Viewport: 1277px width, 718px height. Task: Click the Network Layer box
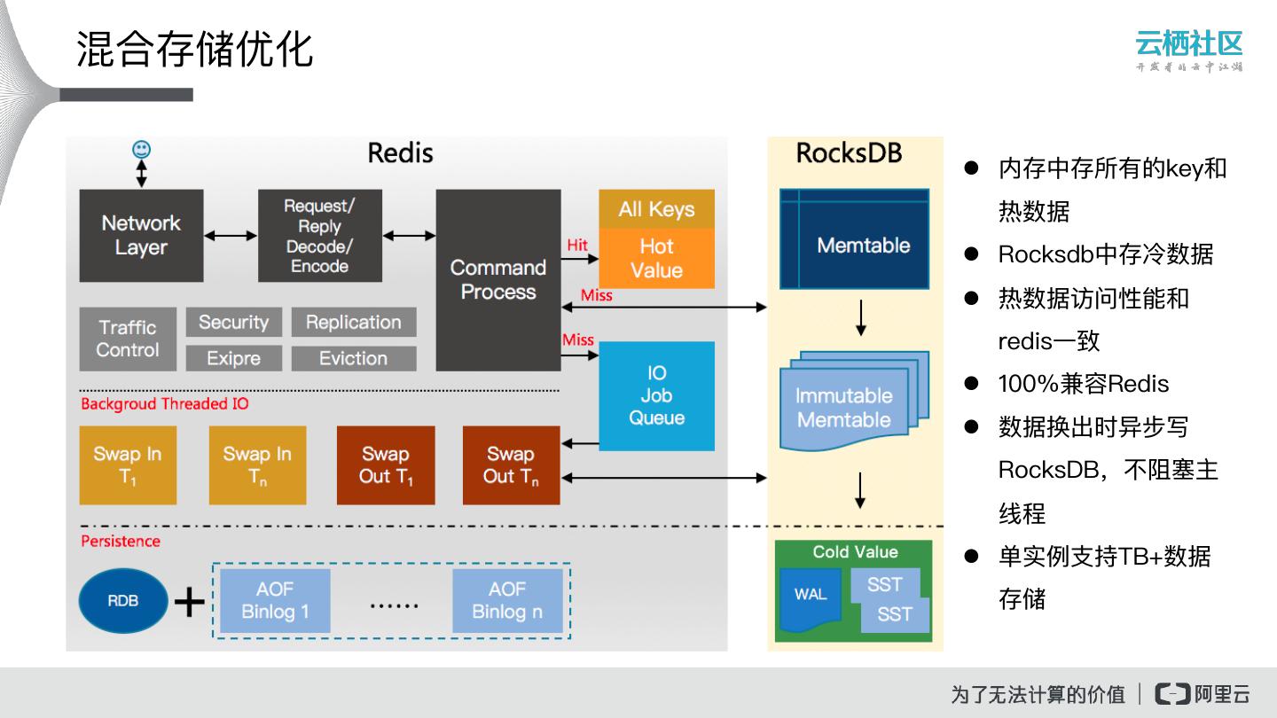(141, 235)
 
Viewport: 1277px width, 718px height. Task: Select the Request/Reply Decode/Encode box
(319, 235)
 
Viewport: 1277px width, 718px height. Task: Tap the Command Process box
(498, 279)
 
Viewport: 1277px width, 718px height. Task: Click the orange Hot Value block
(656, 258)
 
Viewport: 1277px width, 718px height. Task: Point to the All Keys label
(656, 209)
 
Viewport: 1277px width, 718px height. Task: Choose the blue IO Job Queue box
(656, 395)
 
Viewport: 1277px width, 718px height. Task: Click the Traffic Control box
(127, 339)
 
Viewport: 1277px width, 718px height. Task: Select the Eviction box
(353, 358)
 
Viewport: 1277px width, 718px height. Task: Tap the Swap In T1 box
(128, 465)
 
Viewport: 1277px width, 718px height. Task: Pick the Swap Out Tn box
(511, 465)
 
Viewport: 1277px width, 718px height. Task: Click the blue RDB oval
(122, 600)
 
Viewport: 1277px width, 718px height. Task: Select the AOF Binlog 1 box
(275, 600)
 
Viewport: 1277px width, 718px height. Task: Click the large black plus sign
(189, 603)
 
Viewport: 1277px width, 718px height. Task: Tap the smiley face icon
(141, 149)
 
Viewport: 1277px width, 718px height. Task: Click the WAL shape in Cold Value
(810, 595)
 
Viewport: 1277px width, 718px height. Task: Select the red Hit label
(577, 246)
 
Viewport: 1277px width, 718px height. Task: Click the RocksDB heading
(849, 153)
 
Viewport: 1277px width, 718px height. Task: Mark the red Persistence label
(121, 541)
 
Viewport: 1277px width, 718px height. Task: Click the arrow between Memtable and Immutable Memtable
(860, 318)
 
